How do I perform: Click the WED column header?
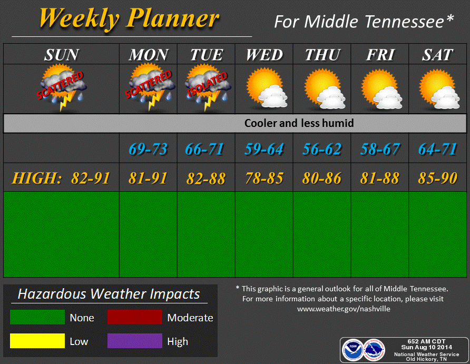pyautogui.click(x=265, y=55)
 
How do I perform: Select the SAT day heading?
pyautogui.click(x=438, y=55)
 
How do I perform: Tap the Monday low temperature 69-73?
pyautogui.click(x=148, y=149)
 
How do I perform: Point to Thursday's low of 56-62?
pyautogui.click(x=322, y=149)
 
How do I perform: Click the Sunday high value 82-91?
pyautogui.click(x=91, y=178)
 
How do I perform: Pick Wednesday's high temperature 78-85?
pyautogui.click(x=265, y=178)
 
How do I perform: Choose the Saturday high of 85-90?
pyautogui.click(x=438, y=178)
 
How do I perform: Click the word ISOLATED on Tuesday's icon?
pyautogui.click(x=207, y=85)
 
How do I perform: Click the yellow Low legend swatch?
pyautogui.click(x=37, y=341)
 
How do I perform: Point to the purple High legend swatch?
pyautogui.click(x=135, y=341)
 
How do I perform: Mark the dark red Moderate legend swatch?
pyautogui.click(x=135, y=317)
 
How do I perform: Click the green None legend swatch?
pyautogui.click(x=37, y=317)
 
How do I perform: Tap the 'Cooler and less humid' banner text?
pyautogui.click(x=299, y=123)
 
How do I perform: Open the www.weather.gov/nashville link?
pyautogui.click(x=344, y=309)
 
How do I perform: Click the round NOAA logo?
pyautogui.click(x=352, y=350)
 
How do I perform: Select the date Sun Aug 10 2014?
pyautogui.click(x=427, y=348)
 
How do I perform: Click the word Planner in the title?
pyautogui.click(x=173, y=18)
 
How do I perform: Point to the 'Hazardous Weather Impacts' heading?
pyautogui.click(x=109, y=294)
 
